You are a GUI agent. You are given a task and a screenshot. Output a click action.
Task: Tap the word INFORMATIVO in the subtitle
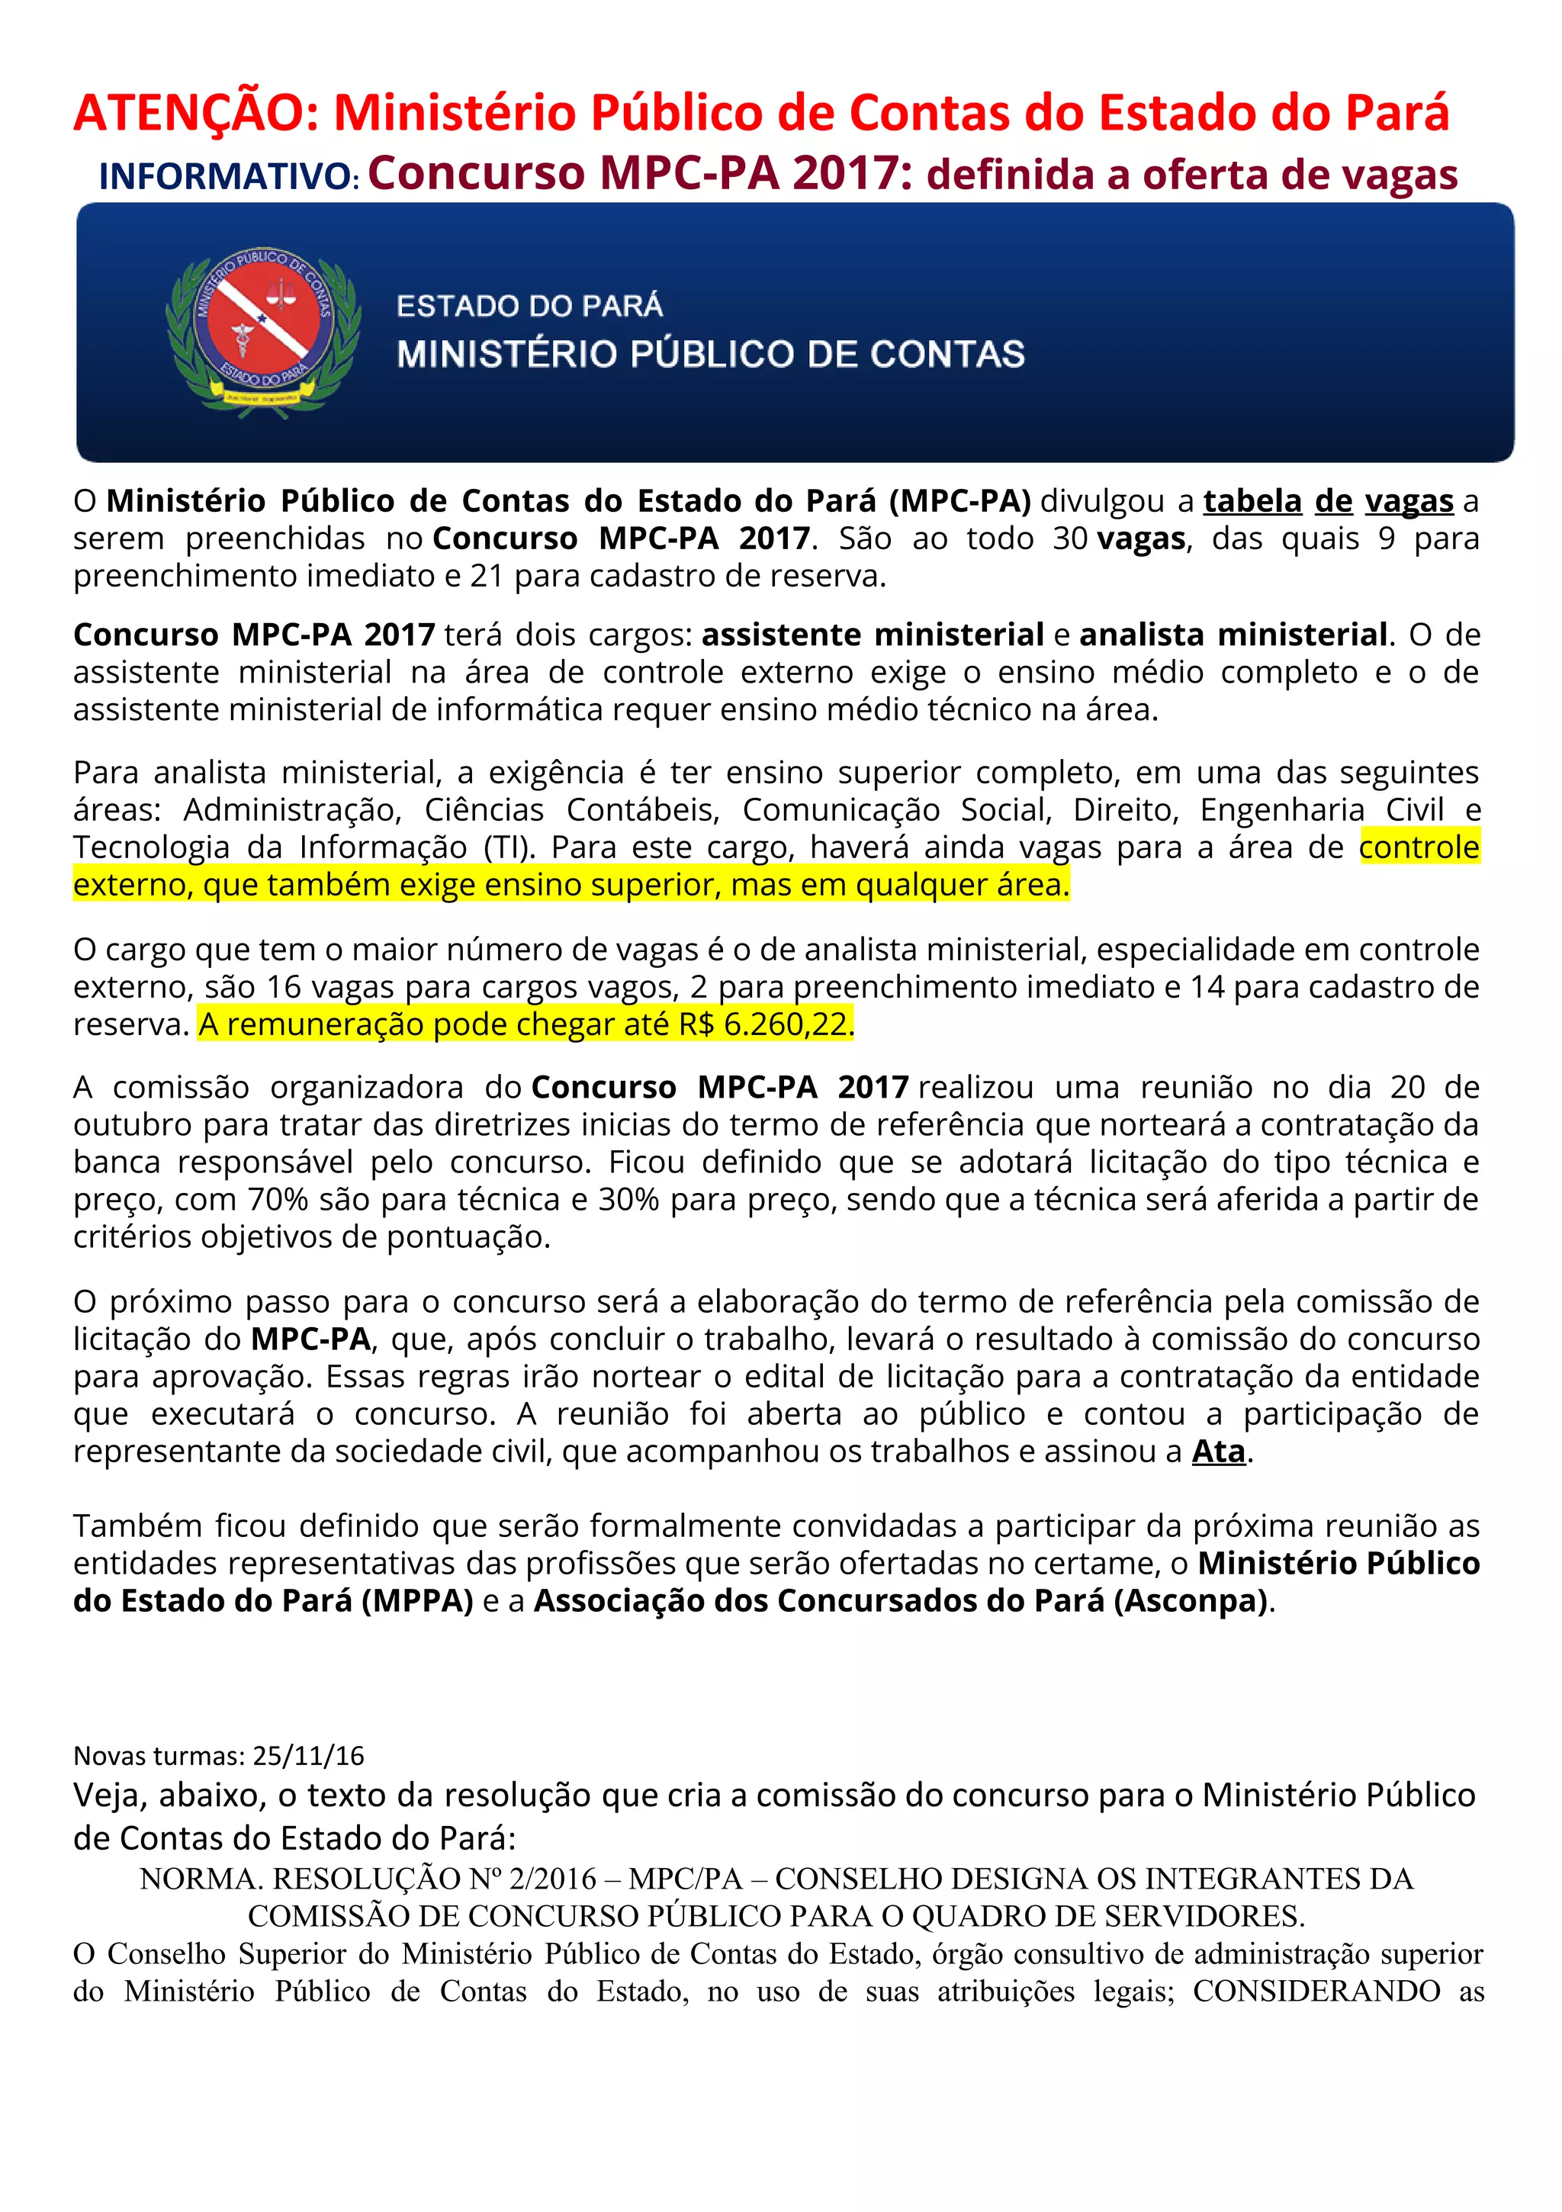[x=227, y=177]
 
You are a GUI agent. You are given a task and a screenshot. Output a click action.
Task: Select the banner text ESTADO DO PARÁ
[x=529, y=307]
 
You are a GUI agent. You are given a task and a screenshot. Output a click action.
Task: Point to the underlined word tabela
[x=1252, y=501]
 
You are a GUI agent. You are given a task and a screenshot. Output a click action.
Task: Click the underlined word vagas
[x=1409, y=501]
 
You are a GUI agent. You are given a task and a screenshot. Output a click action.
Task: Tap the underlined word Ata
[x=1218, y=1451]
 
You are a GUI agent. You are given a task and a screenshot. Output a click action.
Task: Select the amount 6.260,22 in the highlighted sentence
[x=786, y=1024]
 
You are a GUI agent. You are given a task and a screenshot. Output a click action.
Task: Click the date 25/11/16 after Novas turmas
[x=308, y=1755]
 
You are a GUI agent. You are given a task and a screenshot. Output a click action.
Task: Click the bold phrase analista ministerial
[x=1233, y=635]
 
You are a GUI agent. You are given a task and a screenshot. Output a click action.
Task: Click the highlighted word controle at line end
[x=1419, y=847]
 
